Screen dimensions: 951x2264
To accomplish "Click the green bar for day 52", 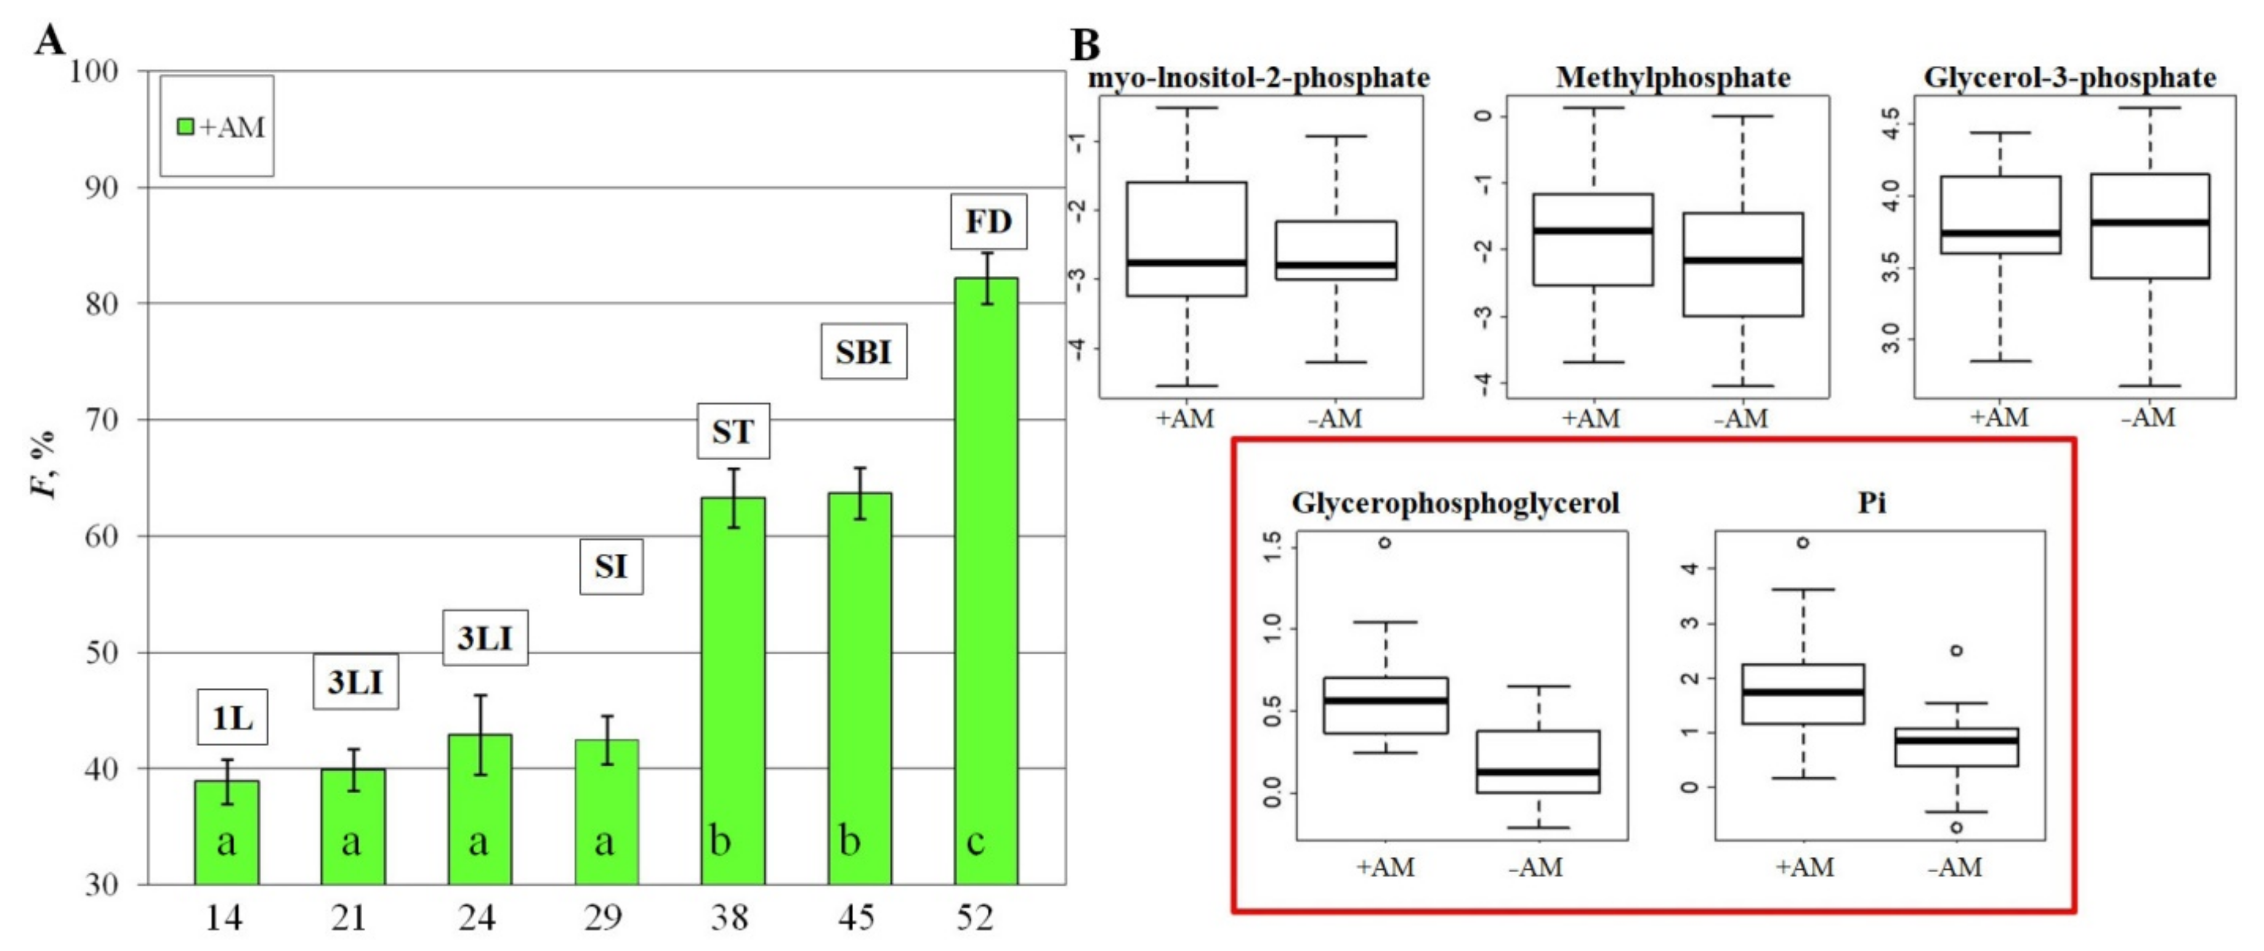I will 986,580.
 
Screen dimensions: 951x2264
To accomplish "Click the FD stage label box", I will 988,222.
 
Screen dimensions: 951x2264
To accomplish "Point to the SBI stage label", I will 863,352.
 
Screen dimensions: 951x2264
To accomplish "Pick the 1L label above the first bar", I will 232,718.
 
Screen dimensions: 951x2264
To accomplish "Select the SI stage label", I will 611,566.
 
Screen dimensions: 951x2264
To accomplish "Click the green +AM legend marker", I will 185,126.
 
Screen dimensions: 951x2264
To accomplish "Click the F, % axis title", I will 44,464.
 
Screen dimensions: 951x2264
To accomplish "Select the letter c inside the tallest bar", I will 975,842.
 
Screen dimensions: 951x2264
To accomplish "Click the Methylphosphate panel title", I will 1673,78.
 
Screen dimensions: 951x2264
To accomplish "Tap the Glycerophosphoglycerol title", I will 1455,503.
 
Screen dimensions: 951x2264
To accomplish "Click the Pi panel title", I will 1872,503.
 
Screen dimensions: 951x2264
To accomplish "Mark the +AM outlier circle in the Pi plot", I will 1803,542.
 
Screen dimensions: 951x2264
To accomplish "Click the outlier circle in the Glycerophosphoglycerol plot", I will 1385,542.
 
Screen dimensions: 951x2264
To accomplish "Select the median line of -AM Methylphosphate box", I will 1743,260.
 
